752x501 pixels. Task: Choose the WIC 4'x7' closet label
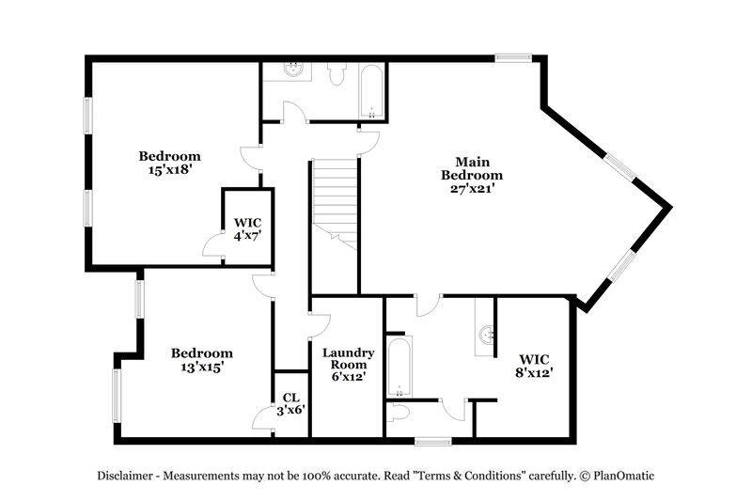(x=248, y=230)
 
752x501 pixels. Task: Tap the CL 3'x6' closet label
(x=290, y=403)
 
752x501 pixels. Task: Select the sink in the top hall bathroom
(x=293, y=69)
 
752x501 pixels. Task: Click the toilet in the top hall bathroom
(x=336, y=74)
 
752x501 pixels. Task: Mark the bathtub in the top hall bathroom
(x=371, y=91)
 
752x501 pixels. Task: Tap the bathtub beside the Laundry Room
(x=399, y=367)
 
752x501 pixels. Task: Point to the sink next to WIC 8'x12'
(x=486, y=333)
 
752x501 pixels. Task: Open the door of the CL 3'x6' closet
(x=264, y=420)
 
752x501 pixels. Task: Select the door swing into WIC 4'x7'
(x=213, y=245)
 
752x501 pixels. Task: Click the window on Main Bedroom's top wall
(x=514, y=58)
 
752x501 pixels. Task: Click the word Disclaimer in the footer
(x=128, y=476)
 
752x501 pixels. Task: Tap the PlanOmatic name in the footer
(x=621, y=476)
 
